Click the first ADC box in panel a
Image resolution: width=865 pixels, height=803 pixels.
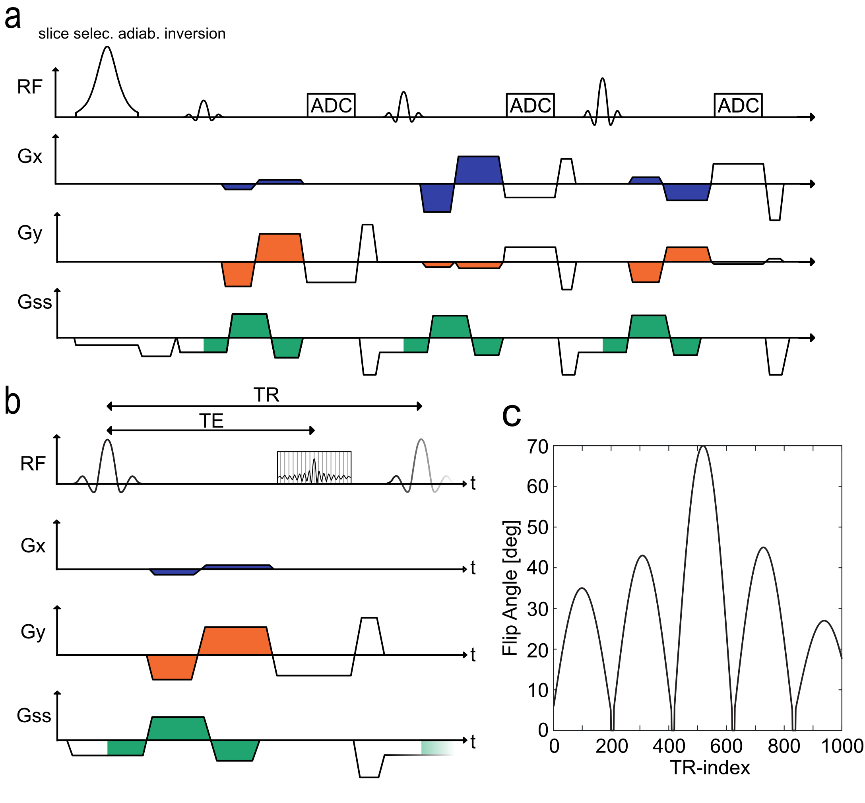(331, 105)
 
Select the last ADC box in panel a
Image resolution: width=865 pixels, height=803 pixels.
(738, 105)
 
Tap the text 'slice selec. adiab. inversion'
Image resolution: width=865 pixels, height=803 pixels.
(132, 33)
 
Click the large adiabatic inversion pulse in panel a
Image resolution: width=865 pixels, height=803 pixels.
(107, 83)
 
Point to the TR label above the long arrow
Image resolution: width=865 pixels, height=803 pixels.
(266, 395)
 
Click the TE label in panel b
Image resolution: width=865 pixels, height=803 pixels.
(211, 420)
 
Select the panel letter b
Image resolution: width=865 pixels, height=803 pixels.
(12, 401)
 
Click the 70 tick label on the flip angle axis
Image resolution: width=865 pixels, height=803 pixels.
(538, 447)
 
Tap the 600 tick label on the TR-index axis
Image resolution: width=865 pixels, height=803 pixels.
(726, 746)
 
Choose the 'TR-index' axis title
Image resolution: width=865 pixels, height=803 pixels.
(710, 767)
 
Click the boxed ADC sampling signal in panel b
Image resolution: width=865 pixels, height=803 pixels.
(314, 467)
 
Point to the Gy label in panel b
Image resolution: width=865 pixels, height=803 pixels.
(33, 632)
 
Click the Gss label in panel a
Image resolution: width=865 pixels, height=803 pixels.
(34, 302)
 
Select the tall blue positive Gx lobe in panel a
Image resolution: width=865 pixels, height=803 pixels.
(478, 169)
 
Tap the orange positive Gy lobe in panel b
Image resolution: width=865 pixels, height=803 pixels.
(235, 640)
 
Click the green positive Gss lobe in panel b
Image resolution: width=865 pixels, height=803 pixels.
(178, 728)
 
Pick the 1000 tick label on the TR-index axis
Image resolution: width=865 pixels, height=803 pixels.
(842, 746)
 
